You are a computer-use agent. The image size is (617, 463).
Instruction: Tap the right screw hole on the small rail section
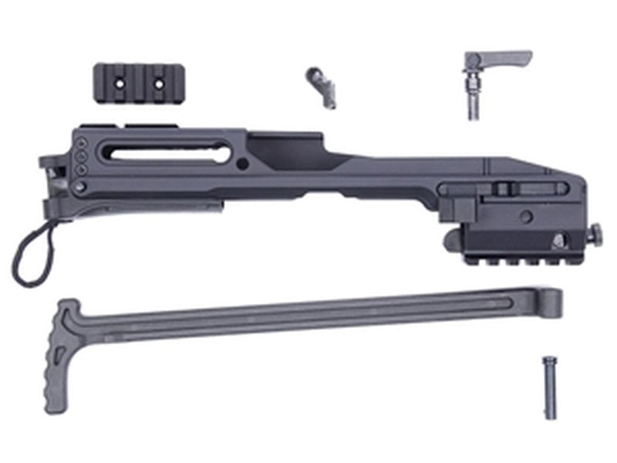pos(157,80)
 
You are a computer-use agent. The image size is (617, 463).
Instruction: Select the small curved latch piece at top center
pos(319,86)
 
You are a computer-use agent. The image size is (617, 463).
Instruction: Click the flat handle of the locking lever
pos(504,58)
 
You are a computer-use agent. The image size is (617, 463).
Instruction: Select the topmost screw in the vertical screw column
pos(80,144)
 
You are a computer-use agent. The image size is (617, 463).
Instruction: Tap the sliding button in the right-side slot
pos(502,188)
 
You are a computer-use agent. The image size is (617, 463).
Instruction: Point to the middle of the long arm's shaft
pos(308,318)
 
